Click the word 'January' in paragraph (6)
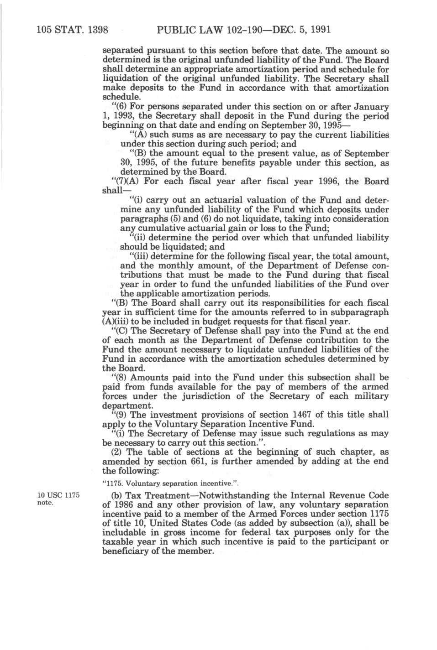pos(370,107)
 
